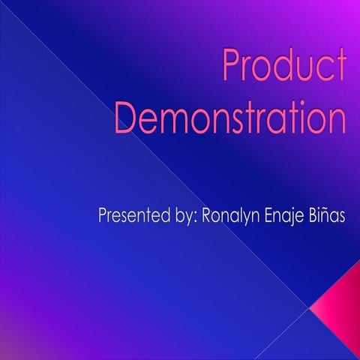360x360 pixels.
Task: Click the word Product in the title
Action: tap(283, 70)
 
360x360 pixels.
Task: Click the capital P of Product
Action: tap(232, 70)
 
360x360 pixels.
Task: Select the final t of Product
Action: tap(341, 70)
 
